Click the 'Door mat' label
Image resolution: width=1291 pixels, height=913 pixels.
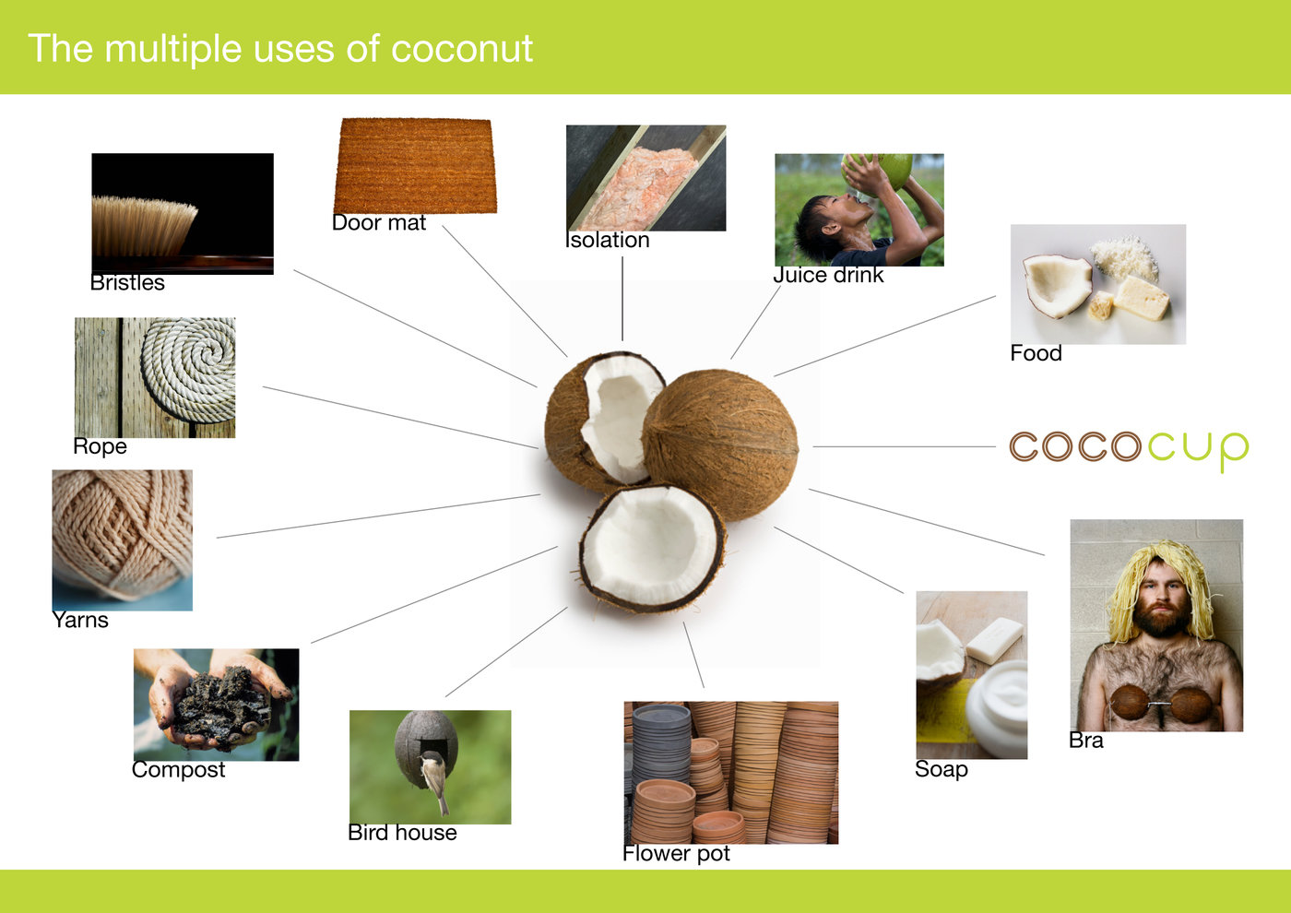(379, 222)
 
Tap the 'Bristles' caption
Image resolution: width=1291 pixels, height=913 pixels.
(127, 282)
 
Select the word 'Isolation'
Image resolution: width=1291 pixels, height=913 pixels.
(608, 240)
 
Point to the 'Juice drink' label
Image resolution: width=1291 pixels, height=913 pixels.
(828, 275)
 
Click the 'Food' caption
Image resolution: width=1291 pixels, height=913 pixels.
(1036, 352)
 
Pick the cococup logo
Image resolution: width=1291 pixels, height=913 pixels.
(1129, 450)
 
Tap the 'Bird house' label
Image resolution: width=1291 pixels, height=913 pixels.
(402, 832)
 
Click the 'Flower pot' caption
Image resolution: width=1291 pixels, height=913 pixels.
(676, 854)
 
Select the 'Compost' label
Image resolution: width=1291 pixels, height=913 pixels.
(178, 770)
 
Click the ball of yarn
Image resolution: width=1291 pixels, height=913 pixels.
(122, 533)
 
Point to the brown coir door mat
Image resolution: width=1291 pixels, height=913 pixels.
(415, 165)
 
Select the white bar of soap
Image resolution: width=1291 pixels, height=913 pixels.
(995, 639)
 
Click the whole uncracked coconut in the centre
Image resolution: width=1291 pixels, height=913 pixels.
(720, 444)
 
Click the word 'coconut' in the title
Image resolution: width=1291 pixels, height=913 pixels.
(462, 48)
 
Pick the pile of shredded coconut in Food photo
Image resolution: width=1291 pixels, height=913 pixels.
(1124, 257)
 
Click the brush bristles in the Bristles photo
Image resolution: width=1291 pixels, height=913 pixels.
(144, 226)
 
